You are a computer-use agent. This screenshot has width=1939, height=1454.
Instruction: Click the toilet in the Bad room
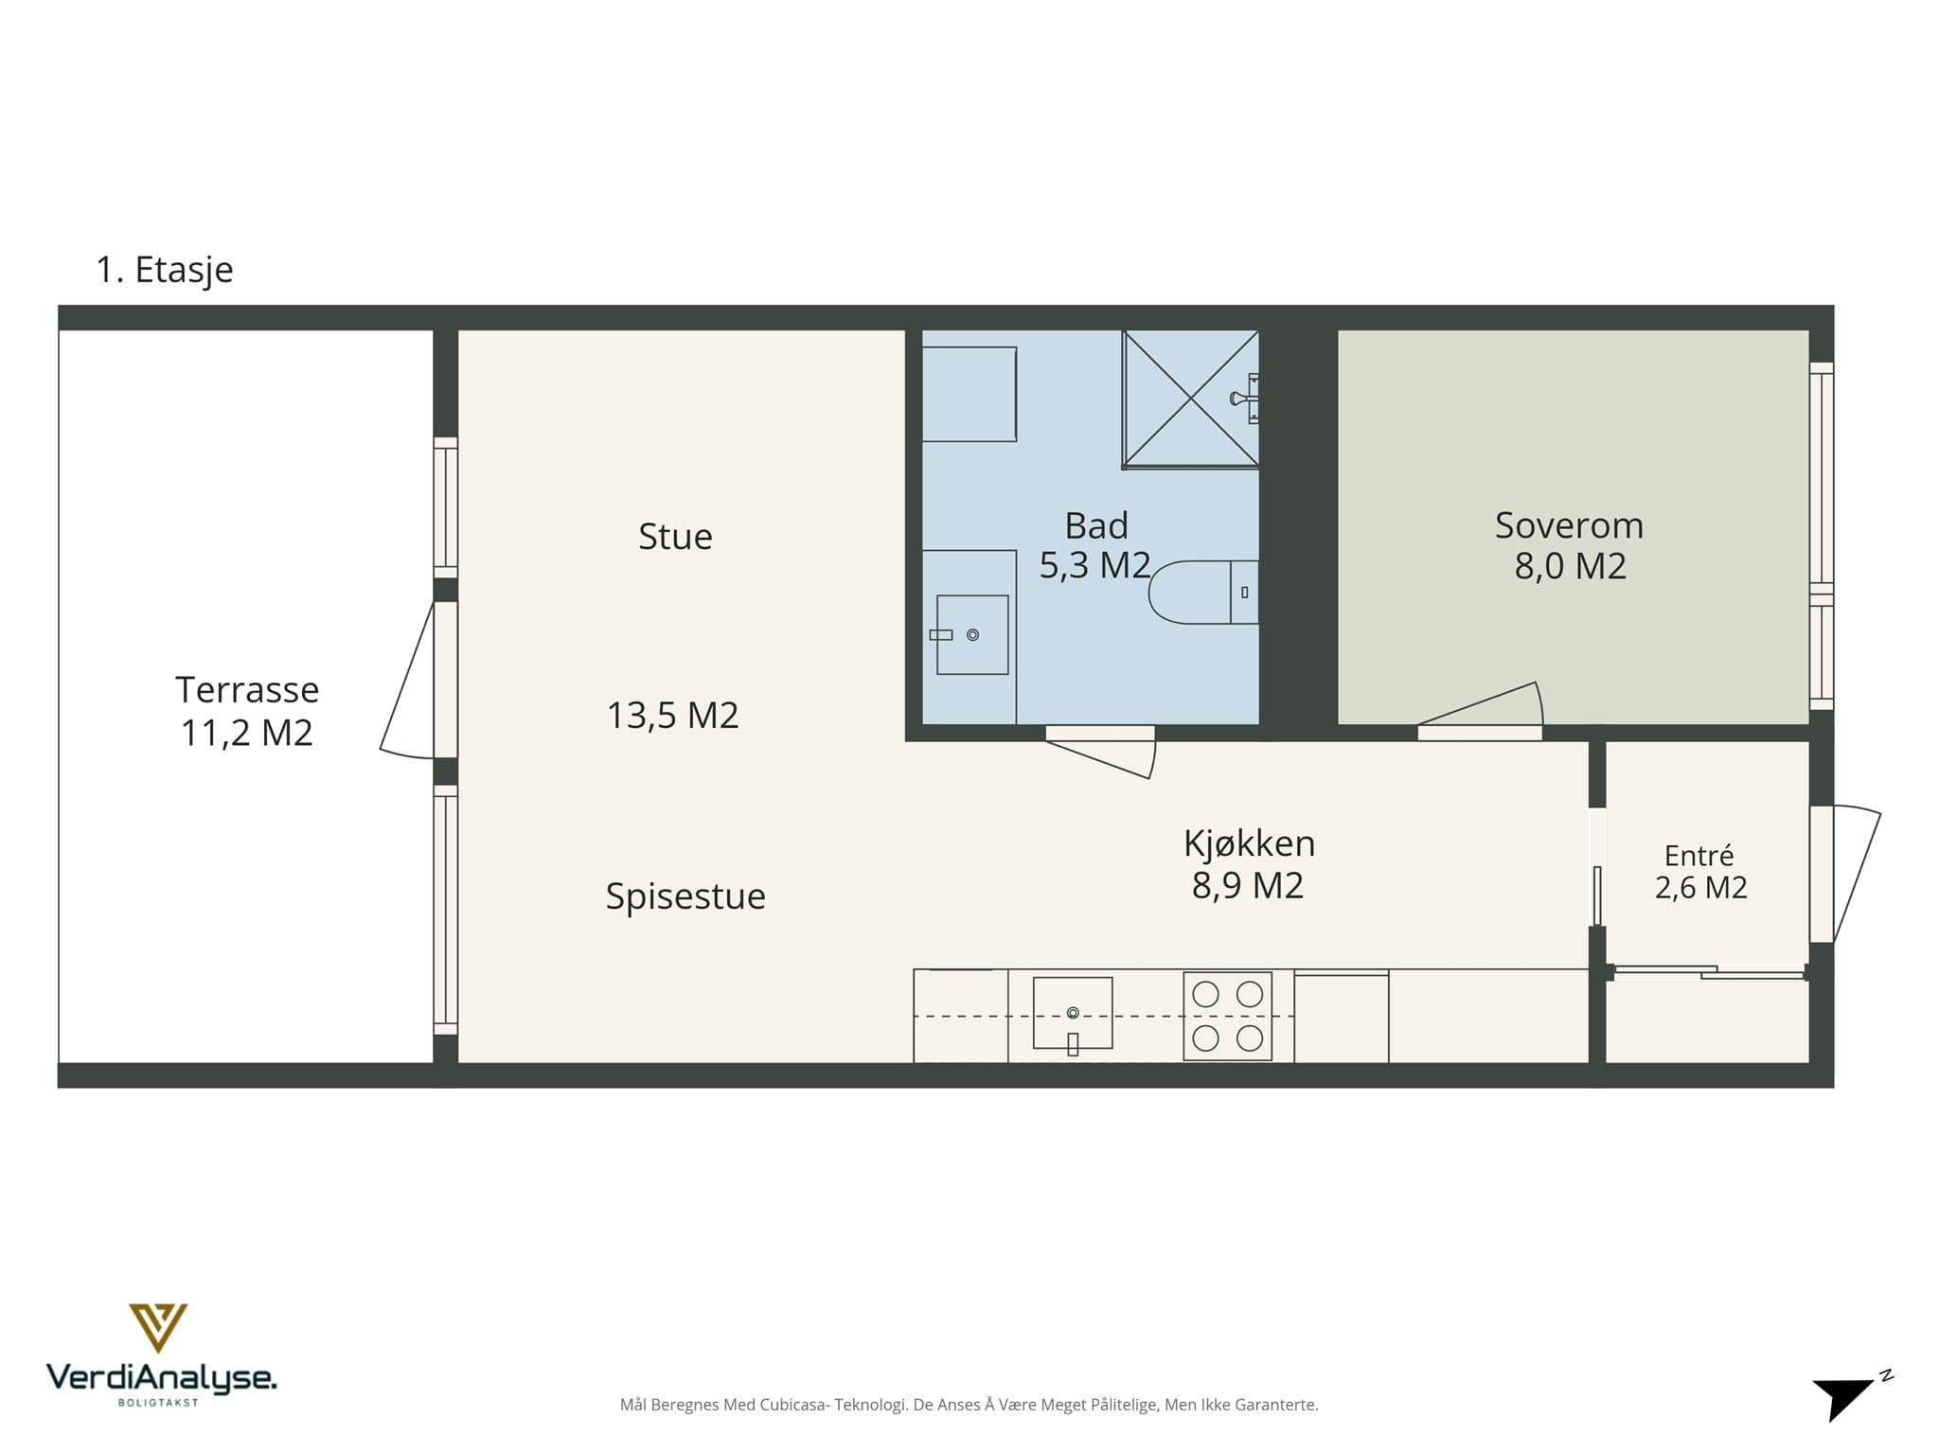(1203, 593)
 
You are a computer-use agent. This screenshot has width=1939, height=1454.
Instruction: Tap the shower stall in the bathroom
(1190, 399)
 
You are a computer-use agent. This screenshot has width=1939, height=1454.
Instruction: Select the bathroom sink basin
(972, 634)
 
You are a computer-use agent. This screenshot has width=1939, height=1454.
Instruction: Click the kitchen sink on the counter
(1073, 1013)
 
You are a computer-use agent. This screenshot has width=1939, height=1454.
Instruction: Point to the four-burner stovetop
(1227, 1016)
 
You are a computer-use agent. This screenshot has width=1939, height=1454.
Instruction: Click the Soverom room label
(1569, 525)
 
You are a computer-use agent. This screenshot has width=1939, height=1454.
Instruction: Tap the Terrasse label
(247, 690)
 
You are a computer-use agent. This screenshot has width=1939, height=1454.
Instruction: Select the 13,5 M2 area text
(672, 716)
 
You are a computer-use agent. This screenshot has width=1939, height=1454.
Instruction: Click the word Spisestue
(685, 896)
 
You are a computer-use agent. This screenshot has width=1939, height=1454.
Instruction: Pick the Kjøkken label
(1249, 843)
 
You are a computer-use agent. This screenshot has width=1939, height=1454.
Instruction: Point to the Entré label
(1699, 856)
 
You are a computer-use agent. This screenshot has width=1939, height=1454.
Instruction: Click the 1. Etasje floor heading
(165, 270)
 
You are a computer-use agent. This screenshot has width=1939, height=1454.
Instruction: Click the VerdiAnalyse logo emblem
(158, 1327)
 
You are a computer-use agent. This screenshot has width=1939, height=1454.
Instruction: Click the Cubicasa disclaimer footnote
(969, 1405)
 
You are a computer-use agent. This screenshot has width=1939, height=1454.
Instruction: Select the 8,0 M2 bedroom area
(1570, 566)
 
